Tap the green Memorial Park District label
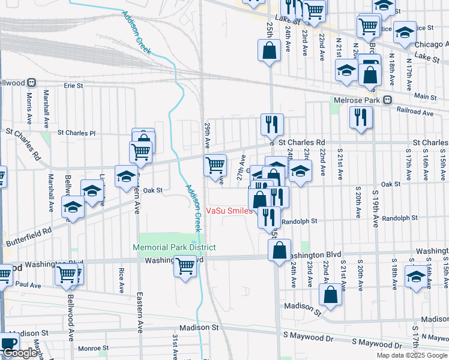pos(174,247)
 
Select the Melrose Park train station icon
pos(388,100)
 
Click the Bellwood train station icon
pos(31,82)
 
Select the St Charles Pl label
pos(76,132)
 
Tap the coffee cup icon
pos(8,344)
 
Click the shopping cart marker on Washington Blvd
pos(185,265)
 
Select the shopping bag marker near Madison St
pos(330,294)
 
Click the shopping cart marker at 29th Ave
pos(215,164)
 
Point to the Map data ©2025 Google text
pos(412,355)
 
